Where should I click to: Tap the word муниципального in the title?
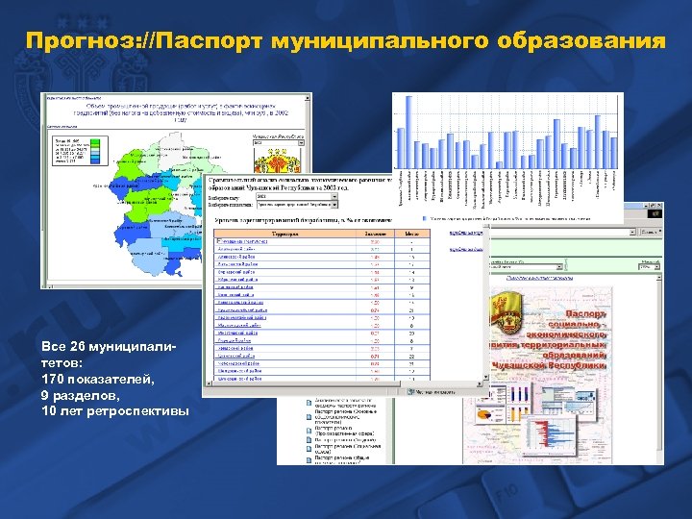pos(375,41)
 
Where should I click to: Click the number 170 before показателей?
pos(55,380)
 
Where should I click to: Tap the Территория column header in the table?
pos(285,234)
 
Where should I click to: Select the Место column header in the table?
pos(410,234)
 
